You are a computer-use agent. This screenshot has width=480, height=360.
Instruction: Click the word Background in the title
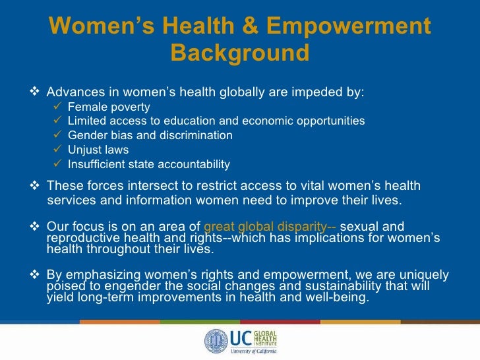(239, 53)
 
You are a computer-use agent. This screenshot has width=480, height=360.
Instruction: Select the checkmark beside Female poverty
(57, 107)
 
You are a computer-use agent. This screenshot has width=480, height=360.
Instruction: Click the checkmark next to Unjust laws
(57, 150)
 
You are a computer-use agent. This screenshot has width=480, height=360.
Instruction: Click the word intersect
(146, 186)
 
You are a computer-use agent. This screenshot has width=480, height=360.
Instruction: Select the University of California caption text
(254, 351)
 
